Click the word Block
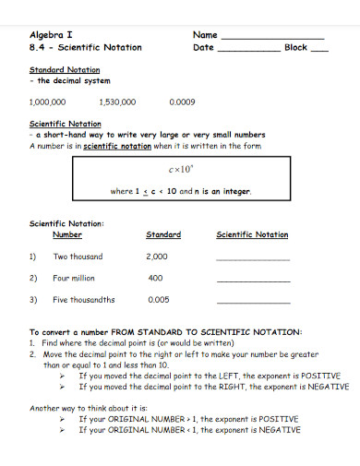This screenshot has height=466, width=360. (296, 47)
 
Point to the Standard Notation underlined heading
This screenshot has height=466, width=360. (65, 70)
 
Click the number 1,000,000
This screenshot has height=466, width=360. (48, 102)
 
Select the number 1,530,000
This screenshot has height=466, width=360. (117, 102)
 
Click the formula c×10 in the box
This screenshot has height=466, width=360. (179, 171)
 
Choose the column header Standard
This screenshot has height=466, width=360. (163, 234)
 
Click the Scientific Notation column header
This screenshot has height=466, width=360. (252, 234)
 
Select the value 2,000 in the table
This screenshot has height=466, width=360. (156, 257)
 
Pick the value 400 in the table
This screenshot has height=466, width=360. (155, 278)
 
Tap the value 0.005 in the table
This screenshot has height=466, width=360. (158, 300)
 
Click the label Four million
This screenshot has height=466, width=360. (75, 278)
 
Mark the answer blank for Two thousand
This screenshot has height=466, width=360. (252, 259)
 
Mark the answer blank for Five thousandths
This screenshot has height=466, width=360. (252, 303)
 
